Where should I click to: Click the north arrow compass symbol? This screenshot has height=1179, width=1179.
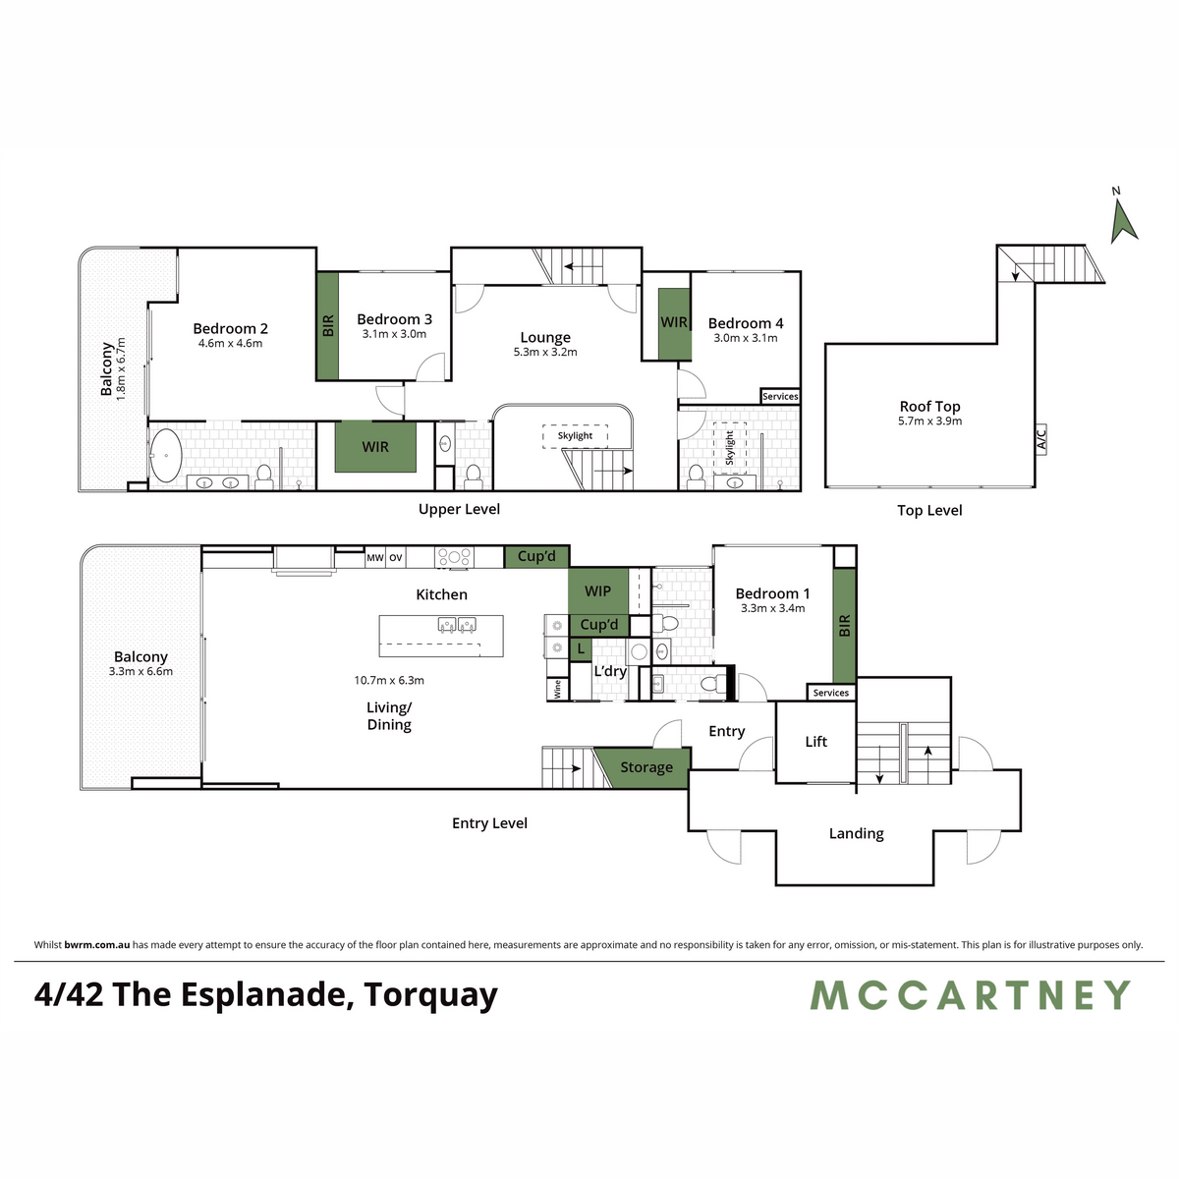(1123, 219)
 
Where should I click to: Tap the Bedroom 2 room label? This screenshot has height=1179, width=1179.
(230, 329)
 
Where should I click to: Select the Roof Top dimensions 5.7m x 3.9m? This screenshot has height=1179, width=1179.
(929, 421)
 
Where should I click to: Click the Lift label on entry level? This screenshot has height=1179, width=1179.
(815, 742)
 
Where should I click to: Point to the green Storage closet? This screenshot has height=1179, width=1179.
(646, 767)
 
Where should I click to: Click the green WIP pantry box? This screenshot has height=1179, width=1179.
(597, 591)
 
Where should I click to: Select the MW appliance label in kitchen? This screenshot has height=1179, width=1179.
(374, 558)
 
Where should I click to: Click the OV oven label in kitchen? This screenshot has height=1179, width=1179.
(395, 558)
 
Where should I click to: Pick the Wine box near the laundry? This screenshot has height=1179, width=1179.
(557, 689)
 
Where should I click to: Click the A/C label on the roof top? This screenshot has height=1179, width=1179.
(1041, 438)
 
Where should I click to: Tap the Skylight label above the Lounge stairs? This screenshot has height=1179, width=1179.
(575, 435)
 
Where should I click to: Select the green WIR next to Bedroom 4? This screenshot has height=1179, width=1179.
(673, 322)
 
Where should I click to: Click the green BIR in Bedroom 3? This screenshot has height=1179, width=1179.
(327, 326)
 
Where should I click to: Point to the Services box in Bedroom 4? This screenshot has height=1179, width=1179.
(780, 397)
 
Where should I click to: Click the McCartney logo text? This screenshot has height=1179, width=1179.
(970, 995)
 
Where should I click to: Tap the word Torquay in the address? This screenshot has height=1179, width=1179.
(430, 995)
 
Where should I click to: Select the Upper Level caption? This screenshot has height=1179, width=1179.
(459, 509)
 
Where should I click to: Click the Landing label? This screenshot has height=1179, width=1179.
(856, 833)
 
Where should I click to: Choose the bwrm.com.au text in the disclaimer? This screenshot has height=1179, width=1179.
(96, 945)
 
